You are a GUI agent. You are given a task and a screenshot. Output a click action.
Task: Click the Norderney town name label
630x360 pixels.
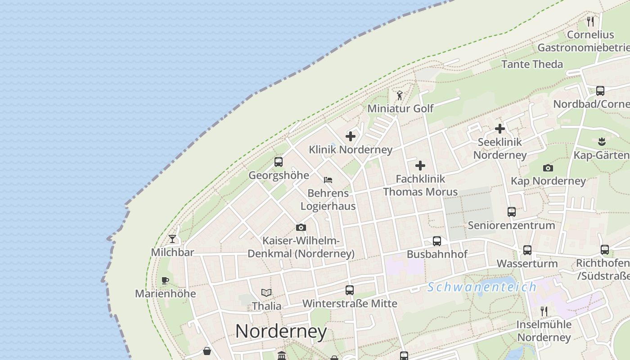tap(281, 332)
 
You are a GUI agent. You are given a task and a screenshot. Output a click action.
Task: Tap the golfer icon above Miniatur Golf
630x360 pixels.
tap(400, 95)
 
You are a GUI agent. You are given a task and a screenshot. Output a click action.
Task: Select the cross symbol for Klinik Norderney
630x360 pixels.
tap(351, 136)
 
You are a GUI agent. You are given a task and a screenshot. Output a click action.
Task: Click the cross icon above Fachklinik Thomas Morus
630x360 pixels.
tap(420, 166)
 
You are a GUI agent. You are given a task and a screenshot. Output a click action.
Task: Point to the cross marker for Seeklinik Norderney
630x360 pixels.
tap(499, 129)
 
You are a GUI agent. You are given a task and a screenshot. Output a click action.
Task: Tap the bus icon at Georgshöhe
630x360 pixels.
tap(279, 162)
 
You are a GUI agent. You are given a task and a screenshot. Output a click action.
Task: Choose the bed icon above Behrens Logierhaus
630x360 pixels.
tap(328, 180)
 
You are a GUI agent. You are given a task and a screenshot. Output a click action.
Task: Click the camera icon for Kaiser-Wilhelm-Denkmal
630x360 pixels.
tap(301, 227)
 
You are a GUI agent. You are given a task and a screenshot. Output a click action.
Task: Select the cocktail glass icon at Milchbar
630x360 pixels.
tap(172, 239)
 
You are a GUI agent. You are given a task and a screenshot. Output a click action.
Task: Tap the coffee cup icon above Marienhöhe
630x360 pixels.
tap(165, 280)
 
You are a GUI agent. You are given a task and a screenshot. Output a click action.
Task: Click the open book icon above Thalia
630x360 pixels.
tap(266, 293)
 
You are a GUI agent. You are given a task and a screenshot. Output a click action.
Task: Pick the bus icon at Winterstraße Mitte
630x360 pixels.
tap(350, 290)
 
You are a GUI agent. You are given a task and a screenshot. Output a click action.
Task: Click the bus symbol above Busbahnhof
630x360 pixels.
tap(436, 241)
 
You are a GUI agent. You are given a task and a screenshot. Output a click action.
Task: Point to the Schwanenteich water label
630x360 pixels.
tap(482, 287)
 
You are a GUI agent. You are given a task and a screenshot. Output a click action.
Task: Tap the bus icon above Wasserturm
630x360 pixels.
tap(527, 250)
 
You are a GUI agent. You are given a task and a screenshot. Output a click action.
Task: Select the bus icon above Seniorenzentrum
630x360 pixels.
tap(511, 211)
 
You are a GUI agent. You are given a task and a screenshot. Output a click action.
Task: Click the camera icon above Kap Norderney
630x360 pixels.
tap(548, 168)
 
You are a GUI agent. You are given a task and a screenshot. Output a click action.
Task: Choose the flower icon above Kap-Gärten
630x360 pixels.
tap(602, 142)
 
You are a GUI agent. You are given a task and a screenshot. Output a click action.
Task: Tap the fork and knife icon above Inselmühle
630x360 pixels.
tap(544, 311)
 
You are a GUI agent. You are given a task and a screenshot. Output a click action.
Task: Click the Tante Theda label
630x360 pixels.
tap(532, 64)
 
